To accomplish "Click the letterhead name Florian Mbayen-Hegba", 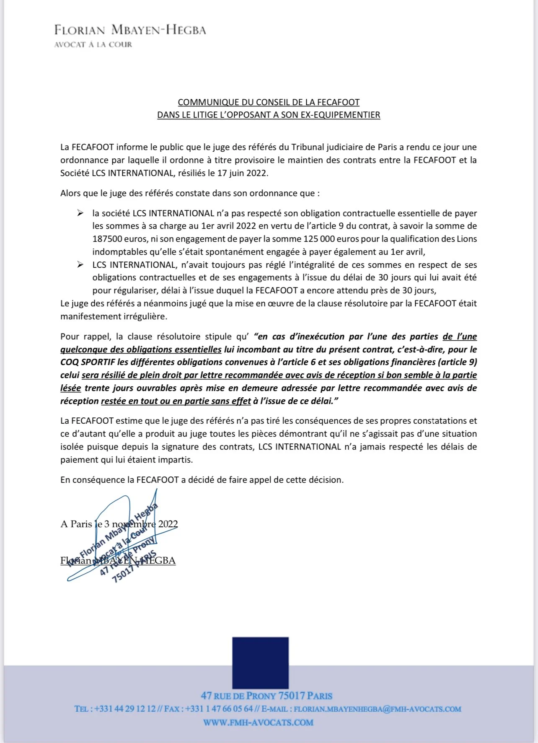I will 130,30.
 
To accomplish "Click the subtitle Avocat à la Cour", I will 93,44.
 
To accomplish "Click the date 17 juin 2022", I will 242,173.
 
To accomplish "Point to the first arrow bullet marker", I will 80,213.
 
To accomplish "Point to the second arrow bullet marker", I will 80,265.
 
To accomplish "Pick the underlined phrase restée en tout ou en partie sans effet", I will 176,401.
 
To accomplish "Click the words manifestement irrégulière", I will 113,317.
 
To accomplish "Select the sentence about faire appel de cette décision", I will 202,480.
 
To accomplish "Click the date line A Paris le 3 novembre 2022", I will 119,524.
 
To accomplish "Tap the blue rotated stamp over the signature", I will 122,545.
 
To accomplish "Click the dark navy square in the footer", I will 260,662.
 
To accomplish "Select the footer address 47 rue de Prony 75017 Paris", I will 266,696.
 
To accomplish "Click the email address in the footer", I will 377,709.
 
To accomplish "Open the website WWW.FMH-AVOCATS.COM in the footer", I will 258,722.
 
